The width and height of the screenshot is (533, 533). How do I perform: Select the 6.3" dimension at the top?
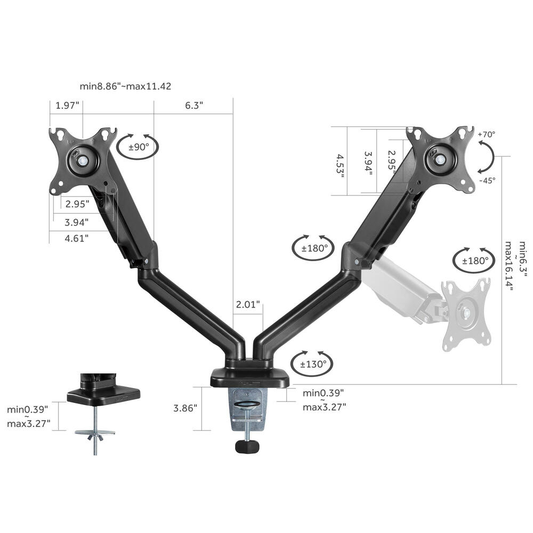click(x=195, y=105)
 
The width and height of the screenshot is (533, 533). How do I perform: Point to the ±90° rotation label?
click(x=138, y=147)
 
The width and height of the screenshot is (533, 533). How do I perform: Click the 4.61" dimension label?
click(x=77, y=238)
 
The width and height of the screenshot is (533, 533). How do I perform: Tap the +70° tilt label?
click(x=487, y=134)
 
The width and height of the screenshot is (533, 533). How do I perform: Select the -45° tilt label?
click(x=487, y=180)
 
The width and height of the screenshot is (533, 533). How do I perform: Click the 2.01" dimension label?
click(x=248, y=304)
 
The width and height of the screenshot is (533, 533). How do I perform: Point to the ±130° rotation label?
click(x=313, y=365)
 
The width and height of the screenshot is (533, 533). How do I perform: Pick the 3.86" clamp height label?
click(x=185, y=408)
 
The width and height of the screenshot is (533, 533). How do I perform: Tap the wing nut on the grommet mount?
click(x=95, y=437)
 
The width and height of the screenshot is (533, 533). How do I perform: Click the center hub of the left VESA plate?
click(x=83, y=159)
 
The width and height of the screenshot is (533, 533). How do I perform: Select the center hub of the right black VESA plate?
click(x=440, y=158)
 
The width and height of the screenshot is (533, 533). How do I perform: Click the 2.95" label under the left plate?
click(x=77, y=204)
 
